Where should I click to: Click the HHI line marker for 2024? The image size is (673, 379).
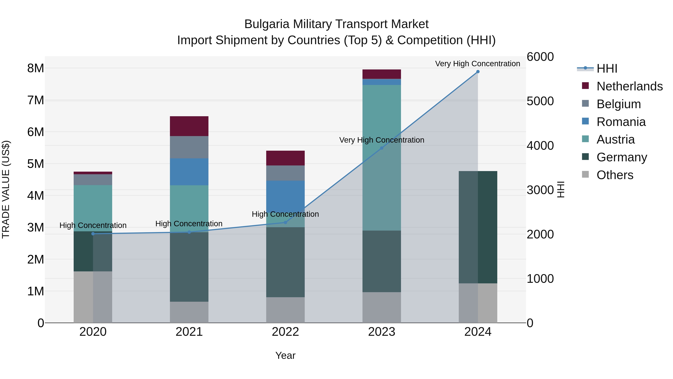point(478,72)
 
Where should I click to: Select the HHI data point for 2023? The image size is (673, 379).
point(381,148)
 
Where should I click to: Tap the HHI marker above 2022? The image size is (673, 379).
point(285,223)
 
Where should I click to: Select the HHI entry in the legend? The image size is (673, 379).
point(607,69)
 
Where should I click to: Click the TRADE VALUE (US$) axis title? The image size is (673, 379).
point(6,189)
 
